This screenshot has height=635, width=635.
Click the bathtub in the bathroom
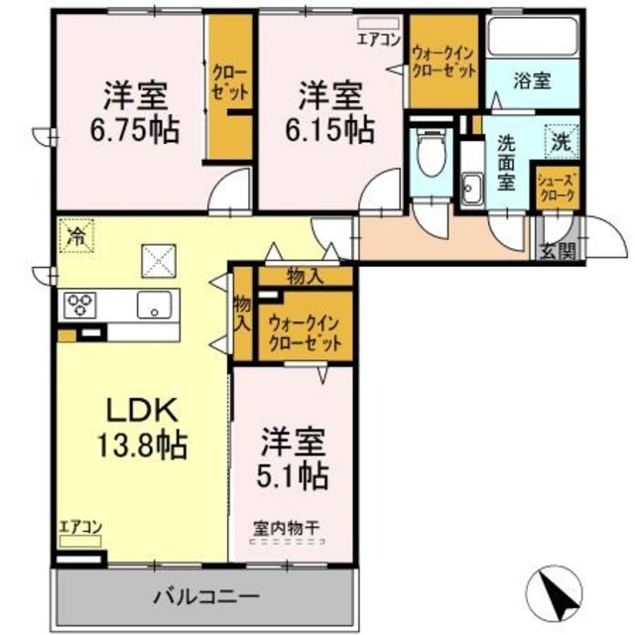pyautogui.click(x=534, y=38)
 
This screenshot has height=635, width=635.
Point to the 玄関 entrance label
pyautogui.click(x=558, y=252)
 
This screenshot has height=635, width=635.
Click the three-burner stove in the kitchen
pyautogui.click(x=80, y=305)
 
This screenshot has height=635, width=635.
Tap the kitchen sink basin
pyautogui.click(x=154, y=305)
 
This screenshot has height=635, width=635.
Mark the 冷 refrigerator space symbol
pyautogui.click(x=76, y=235)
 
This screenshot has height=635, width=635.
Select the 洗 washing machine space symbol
pyautogui.click(x=562, y=141)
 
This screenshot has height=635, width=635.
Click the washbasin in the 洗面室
pyautogui.click(x=472, y=190)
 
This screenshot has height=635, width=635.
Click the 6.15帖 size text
pyautogui.click(x=329, y=130)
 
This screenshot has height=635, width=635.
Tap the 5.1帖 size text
pyautogui.click(x=293, y=476)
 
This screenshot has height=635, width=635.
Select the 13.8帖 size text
pyautogui.click(x=141, y=445)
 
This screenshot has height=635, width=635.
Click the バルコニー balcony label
pyautogui.click(x=205, y=597)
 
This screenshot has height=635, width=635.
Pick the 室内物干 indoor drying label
pyautogui.click(x=287, y=528)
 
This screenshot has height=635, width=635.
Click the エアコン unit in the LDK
pyautogui.click(x=80, y=542)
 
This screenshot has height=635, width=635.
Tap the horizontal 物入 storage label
pyautogui.click(x=306, y=277)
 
